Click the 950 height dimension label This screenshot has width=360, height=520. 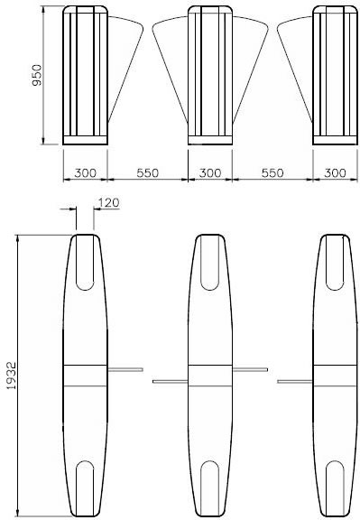[x=37, y=75]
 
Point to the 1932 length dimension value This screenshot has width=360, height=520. [x=12, y=376]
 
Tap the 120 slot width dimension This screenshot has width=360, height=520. [x=108, y=202]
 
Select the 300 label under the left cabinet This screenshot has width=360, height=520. [x=85, y=172]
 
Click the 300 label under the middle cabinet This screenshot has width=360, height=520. [x=210, y=172]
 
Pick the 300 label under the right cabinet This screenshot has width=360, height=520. [x=335, y=172]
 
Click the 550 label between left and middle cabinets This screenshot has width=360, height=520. [x=147, y=172]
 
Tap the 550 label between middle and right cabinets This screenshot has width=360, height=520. [x=272, y=172]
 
